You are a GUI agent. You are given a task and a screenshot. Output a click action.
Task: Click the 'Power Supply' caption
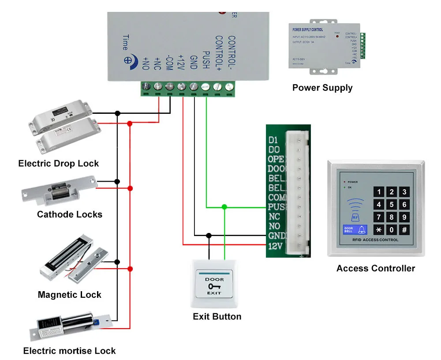click(x=322, y=88)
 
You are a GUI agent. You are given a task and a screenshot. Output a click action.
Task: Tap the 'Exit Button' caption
click(x=217, y=316)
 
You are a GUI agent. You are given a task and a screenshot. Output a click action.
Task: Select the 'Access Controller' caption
click(x=376, y=268)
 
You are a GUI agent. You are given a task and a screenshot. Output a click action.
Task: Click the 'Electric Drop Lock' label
click(x=59, y=164)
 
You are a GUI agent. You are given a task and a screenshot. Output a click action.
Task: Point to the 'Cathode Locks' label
click(x=70, y=214)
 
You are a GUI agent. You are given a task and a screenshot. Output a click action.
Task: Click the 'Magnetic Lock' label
click(x=70, y=295)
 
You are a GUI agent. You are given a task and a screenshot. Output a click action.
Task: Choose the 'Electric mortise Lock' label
click(x=70, y=351)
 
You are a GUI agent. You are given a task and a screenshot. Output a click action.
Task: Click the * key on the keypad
click(x=379, y=230)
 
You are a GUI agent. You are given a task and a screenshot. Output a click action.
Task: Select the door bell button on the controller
click(x=355, y=230)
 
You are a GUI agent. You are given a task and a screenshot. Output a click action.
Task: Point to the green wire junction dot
click(x=224, y=206)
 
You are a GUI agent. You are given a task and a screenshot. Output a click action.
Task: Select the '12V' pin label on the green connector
click(x=274, y=247)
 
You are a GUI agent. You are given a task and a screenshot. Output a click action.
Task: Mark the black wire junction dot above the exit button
click(x=209, y=236)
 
